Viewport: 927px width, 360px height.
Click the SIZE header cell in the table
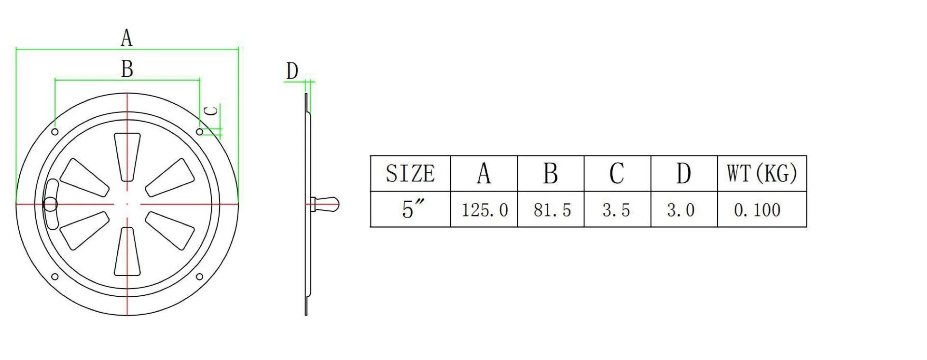(410, 173)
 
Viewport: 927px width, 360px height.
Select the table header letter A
(484, 173)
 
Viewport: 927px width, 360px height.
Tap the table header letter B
(551, 173)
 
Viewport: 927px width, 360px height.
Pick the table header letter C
(617, 173)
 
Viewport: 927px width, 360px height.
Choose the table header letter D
(683, 173)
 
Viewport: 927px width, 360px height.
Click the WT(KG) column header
(761, 173)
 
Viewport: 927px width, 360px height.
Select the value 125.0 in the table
(484, 210)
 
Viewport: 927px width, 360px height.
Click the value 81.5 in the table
(552, 210)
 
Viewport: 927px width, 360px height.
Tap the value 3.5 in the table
(616, 210)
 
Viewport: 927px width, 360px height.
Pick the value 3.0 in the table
(681, 210)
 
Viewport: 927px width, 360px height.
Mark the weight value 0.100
(757, 210)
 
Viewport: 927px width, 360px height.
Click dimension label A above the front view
(126, 38)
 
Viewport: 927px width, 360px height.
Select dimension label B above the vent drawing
(127, 69)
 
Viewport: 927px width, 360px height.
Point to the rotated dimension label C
(211, 111)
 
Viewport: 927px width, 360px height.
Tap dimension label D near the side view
(292, 71)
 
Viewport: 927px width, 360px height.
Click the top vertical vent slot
(127, 155)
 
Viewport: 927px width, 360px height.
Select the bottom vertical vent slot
(127, 252)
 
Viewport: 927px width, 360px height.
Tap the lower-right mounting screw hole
(199, 277)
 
